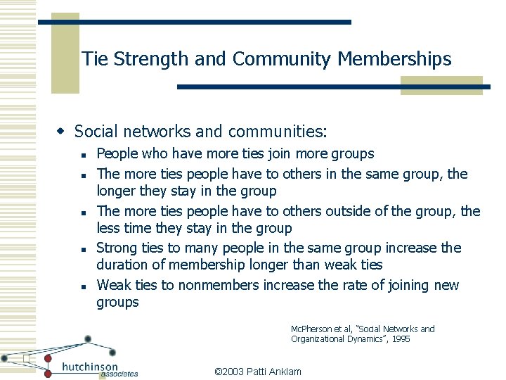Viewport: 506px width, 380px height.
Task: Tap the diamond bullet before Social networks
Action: click(61, 131)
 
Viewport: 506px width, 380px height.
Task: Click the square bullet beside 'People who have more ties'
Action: click(82, 155)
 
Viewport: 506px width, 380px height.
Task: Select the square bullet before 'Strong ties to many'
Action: click(82, 249)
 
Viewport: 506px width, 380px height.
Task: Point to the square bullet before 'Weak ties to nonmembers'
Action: click(82, 286)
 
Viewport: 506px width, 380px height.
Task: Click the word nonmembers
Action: click(219, 285)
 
